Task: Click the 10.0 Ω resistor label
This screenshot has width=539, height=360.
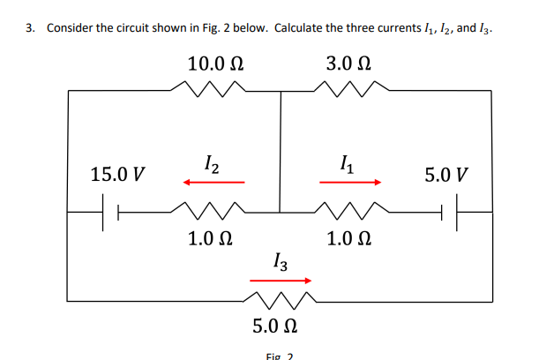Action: pos(215,64)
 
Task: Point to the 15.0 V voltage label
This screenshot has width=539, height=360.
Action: pos(118,174)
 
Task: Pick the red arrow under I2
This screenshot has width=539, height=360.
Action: pos(213,183)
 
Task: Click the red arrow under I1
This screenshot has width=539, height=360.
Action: pos(350,183)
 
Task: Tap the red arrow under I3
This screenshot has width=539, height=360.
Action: pos(281,282)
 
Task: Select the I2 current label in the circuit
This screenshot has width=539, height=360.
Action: pos(213,162)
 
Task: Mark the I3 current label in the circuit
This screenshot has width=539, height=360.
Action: pos(280,261)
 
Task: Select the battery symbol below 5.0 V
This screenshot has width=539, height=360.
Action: pos(450,212)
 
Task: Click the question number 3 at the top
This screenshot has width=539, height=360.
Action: pos(29,27)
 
